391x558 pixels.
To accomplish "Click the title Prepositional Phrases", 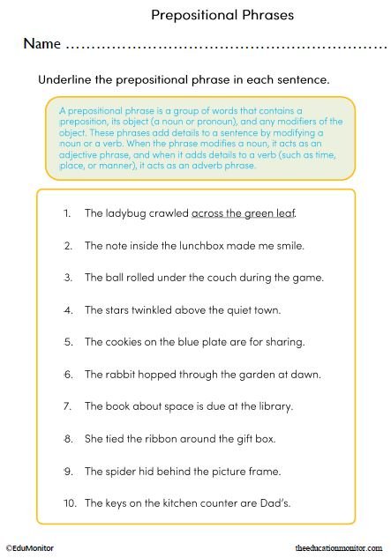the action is (222, 15).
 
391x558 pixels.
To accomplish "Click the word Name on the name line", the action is (41, 43).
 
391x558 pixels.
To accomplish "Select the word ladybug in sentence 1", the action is (127, 213).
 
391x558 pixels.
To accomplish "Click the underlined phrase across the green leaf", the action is (244, 213).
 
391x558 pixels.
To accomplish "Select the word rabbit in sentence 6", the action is (123, 374).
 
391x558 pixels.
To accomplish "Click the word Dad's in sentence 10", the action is (298, 502).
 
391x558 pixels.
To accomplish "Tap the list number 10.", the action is (68, 502).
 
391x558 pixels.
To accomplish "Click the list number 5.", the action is (68, 341).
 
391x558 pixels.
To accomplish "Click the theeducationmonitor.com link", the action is (341, 547).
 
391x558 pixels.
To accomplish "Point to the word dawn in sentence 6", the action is (305, 374).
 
